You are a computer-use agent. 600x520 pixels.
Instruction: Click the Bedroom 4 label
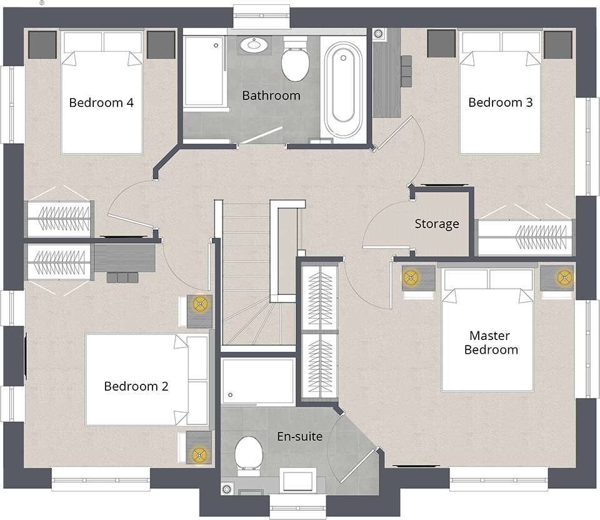point(101,102)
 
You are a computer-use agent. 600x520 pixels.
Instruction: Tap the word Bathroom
point(271,96)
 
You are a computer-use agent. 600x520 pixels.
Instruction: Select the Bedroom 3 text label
point(500,102)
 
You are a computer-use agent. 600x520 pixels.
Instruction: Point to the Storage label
point(437,224)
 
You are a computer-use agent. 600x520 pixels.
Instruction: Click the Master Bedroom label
point(491,342)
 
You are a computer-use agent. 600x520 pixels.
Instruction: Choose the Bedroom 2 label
point(136,386)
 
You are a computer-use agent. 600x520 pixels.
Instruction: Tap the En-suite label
point(299,436)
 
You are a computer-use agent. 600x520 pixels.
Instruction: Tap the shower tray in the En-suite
point(257,381)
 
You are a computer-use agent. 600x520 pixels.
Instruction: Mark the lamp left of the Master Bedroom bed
point(411,277)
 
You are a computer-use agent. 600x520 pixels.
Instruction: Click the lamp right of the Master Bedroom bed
point(564,277)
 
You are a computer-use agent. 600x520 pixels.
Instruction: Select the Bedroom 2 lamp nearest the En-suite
point(199,454)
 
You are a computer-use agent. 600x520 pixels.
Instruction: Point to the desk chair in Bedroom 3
point(406,68)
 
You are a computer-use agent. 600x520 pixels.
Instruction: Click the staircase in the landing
point(250,281)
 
